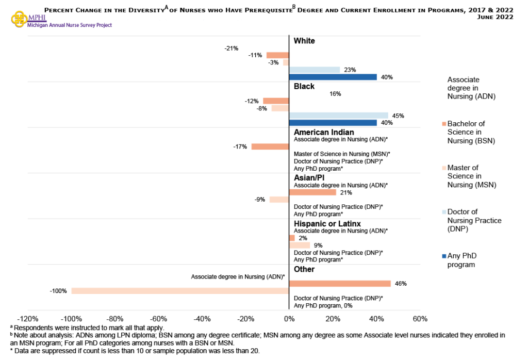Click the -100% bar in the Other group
[180, 291]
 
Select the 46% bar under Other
[340, 284]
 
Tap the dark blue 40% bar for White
[333, 77]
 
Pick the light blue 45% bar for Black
[338, 116]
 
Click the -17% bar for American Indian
[270, 146]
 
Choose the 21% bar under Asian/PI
[312, 192]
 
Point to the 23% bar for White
[315, 70]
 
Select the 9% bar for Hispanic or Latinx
[300, 246]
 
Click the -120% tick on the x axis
[28, 318]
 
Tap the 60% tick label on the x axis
[420, 318]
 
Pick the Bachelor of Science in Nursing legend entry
[470, 132]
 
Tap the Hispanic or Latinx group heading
[327, 224]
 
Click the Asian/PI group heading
[309, 178]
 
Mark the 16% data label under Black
[335, 94]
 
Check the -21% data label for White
[232, 48]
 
